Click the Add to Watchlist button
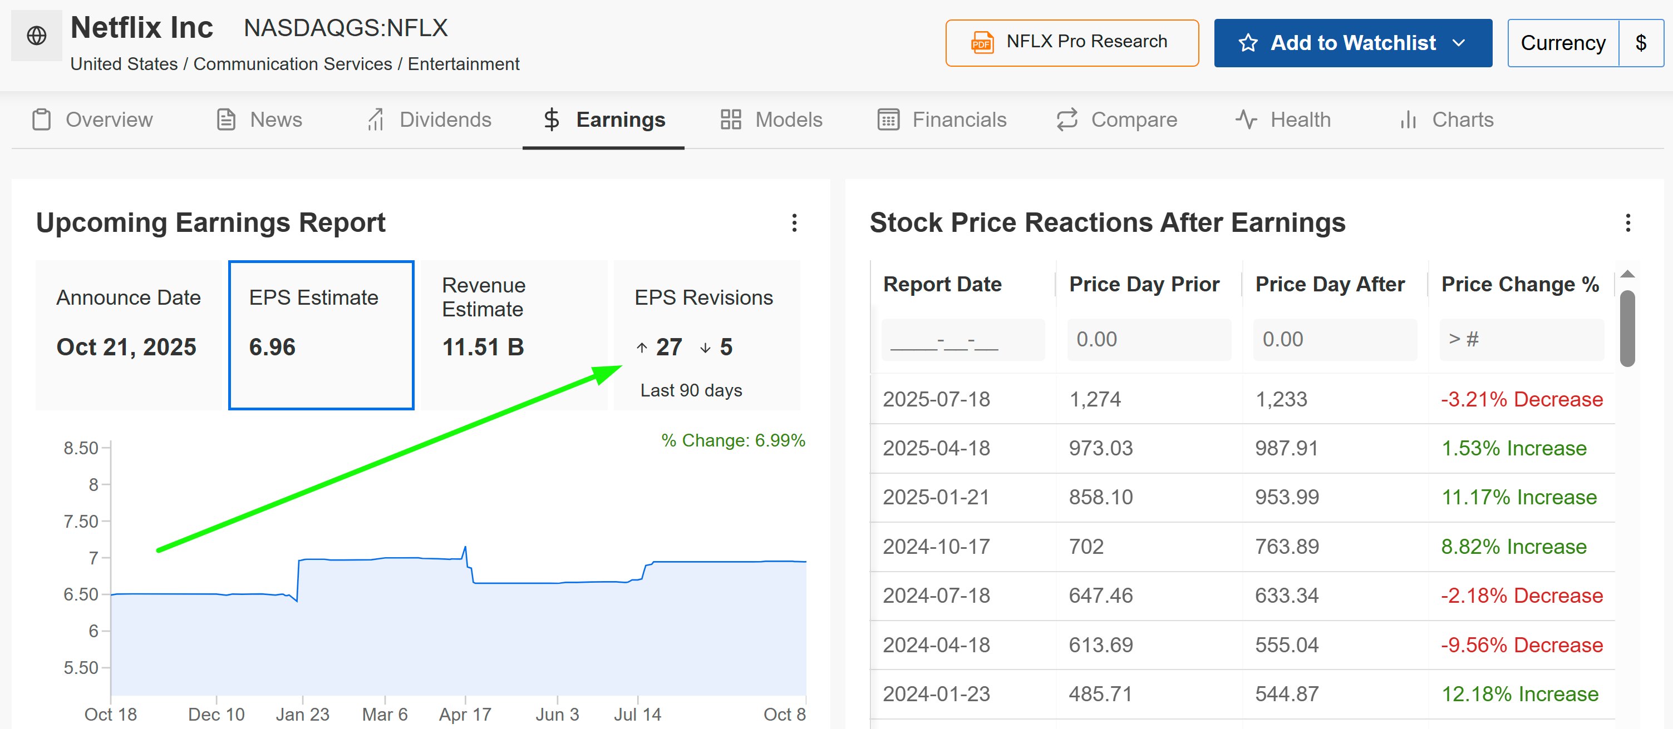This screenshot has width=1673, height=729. pos(1352,43)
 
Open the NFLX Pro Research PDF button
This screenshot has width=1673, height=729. pos(1071,43)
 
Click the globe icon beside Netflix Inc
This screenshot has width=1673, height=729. pos(36,35)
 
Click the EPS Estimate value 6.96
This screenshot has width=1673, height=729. pos(272,348)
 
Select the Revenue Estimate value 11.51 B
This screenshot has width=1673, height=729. pos(483,348)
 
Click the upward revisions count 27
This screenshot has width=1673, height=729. pos(668,348)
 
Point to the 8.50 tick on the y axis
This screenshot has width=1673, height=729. pos(81,448)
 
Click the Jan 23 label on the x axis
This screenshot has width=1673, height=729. pos(302,714)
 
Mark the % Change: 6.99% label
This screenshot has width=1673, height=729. pos(732,440)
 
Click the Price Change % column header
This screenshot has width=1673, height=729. pos(1520,284)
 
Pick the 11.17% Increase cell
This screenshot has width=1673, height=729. pos(1518,497)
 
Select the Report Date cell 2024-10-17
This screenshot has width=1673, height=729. pos(936,547)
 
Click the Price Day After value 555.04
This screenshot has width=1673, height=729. pos(1287,644)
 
